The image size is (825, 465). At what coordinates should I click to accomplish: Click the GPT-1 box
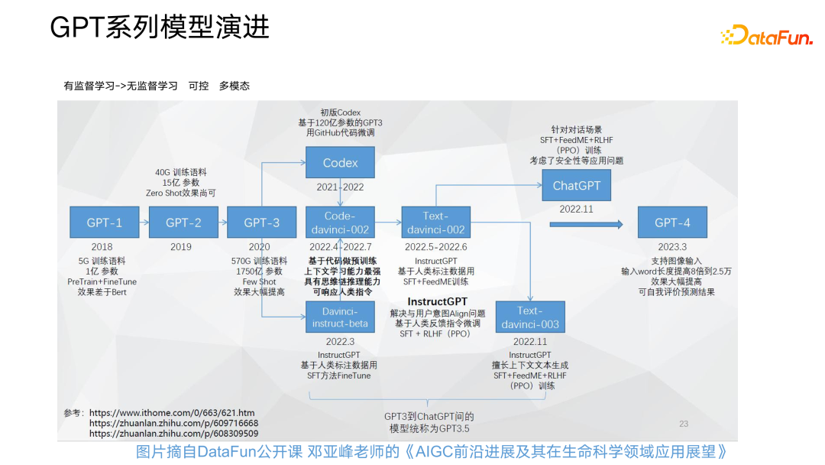(105, 223)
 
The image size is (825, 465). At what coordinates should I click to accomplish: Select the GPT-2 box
(183, 223)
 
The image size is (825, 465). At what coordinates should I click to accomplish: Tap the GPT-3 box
(261, 223)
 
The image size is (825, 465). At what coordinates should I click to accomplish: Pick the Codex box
(341, 163)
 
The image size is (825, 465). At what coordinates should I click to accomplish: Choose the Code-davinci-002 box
(341, 223)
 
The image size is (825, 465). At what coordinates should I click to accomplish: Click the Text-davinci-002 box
(435, 223)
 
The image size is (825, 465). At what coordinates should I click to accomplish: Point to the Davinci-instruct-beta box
(341, 317)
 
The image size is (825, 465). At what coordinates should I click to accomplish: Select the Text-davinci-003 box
(529, 317)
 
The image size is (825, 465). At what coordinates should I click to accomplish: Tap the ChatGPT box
(577, 186)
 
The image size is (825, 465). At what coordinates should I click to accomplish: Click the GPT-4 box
(672, 223)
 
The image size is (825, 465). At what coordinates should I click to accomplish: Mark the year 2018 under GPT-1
(102, 247)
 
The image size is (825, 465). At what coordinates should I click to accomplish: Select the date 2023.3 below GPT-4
(672, 247)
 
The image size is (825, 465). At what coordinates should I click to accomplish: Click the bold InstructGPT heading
(437, 301)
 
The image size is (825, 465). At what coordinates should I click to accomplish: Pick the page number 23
(684, 423)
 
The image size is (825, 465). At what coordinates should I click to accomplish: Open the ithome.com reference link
(172, 412)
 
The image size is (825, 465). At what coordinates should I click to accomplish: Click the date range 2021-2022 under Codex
(341, 187)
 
